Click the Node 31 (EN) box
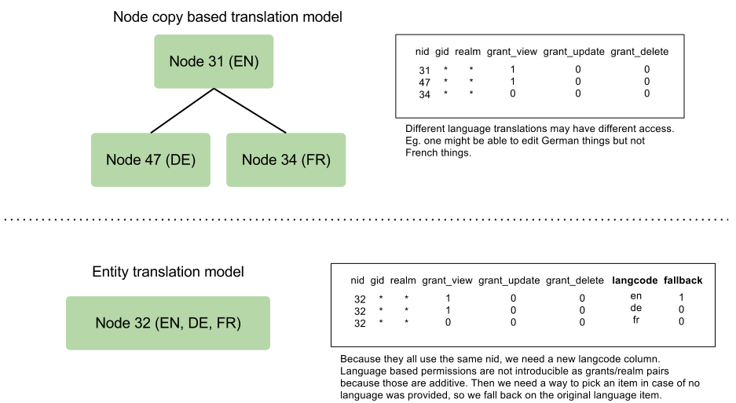pyautogui.click(x=214, y=61)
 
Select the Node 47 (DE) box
pyautogui.click(x=151, y=159)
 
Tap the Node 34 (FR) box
pyautogui.click(x=286, y=159)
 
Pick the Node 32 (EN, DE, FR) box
pyautogui.click(x=168, y=323)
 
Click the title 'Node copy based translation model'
pyautogui.click(x=228, y=17)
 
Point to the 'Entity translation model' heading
pyautogui.click(x=168, y=272)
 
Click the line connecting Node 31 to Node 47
pyautogui.click(x=182, y=111)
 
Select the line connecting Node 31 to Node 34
pyautogui.click(x=250, y=111)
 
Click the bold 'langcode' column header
pyautogui.click(x=635, y=280)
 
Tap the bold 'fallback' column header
pyautogui.click(x=683, y=280)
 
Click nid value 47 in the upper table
pyautogui.click(x=424, y=82)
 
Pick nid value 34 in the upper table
pyautogui.click(x=424, y=95)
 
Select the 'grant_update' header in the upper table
pyautogui.click(x=573, y=52)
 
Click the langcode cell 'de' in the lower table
pyautogui.click(x=636, y=308)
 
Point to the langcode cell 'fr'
pyautogui.click(x=636, y=320)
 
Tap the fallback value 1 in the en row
pyautogui.click(x=681, y=297)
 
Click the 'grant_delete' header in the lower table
pyautogui.click(x=574, y=281)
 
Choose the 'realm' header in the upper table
pyautogui.click(x=467, y=52)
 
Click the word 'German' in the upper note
pyautogui.click(x=559, y=141)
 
